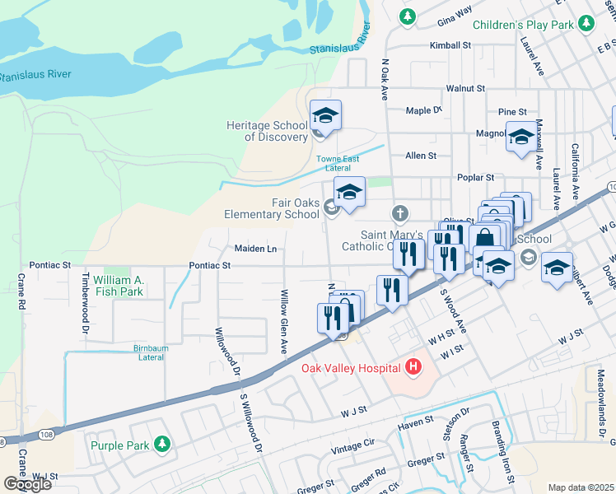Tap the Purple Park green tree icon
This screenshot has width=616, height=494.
point(162,445)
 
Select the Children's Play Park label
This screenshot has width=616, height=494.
point(522,26)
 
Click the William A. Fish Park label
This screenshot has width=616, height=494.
point(119,286)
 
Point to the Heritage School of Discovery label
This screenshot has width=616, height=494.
point(267,131)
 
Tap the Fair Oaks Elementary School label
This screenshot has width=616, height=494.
point(272,208)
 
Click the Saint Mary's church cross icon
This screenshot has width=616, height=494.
point(399,214)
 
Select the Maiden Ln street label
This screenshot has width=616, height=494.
point(255,248)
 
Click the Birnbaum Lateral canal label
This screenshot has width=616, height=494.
point(151,353)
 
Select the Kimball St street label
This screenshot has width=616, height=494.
point(450,46)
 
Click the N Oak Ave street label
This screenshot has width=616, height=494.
point(385,79)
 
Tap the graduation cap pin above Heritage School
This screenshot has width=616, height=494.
point(325,116)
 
